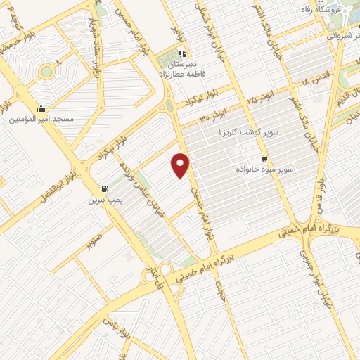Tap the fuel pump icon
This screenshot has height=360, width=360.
[x=105, y=188]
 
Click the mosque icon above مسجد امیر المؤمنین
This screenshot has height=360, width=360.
[x=41, y=108]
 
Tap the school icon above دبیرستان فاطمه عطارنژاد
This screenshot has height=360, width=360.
[x=181, y=53]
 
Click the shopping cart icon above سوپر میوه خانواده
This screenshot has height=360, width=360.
[x=264, y=159]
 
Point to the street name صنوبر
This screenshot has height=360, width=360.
[x=94, y=238]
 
